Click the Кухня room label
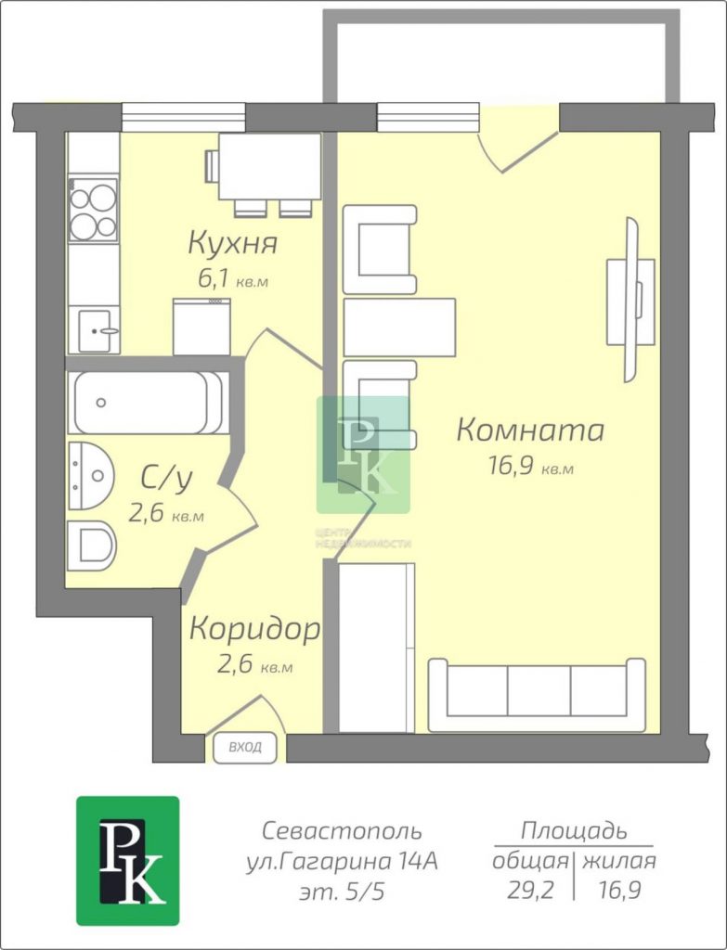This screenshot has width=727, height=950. click(x=233, y=243)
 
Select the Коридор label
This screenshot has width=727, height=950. click(x=254, y=629)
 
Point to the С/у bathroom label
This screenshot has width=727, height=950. click(x=167, y=478)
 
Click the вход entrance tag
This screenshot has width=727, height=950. click(x=245, y=747)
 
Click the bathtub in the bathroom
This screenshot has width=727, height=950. click(x=149, y=403)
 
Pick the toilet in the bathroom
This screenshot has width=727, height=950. click(x=91, y=546)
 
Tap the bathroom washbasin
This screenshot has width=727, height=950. click(x=91, y=476)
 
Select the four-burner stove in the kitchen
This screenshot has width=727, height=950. click(x=93, y=210)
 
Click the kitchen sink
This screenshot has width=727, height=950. click(x=95, y=330)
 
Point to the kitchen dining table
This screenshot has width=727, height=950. click(x=269, y=167)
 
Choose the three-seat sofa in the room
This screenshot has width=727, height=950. click(x=538, y=695)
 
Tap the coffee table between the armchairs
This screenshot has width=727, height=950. click(x=399, y=327)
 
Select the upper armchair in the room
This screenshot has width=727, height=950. click(x=380, y=249)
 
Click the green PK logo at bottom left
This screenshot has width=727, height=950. click(x=128, y=861)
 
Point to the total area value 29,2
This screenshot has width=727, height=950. click(x=530, y=890)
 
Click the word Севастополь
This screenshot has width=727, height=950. click(x=342, y=830)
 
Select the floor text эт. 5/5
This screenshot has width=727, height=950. click(x=342, y=892)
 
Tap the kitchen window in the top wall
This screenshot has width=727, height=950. click(x=184, y=117)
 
